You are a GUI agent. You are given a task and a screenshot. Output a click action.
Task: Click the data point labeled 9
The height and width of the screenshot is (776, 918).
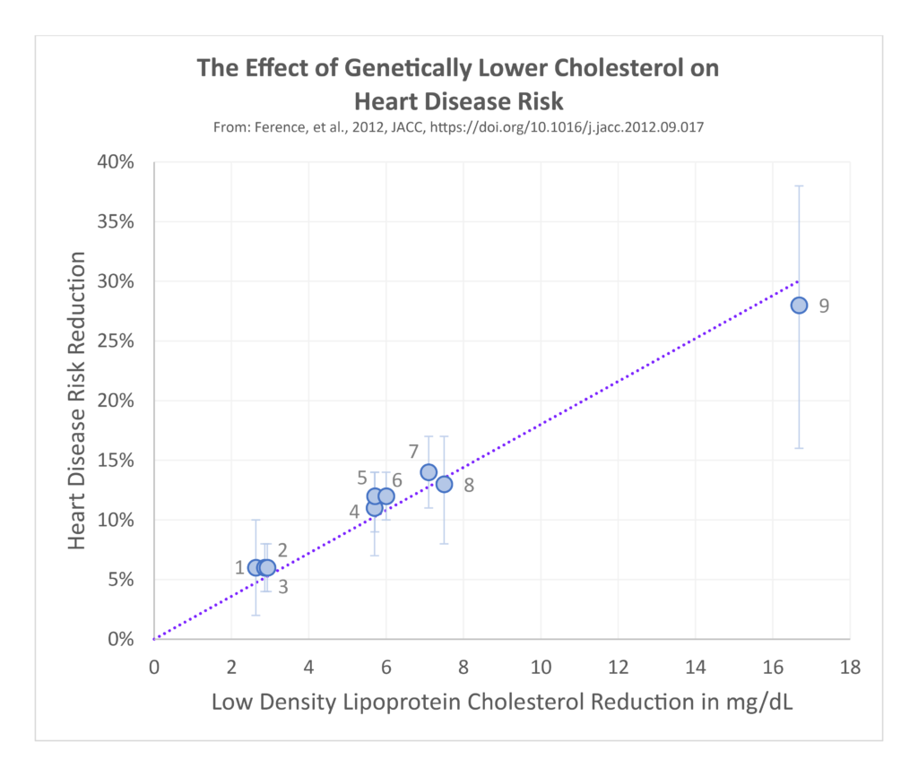pos(799,306)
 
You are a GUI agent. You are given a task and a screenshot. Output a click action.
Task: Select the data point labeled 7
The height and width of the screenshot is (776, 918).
pos(429,472)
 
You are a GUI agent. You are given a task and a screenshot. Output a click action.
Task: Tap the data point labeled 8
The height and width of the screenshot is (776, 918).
pos(444,484)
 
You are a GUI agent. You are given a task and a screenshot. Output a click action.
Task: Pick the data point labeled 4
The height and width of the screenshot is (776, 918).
pos(375,508)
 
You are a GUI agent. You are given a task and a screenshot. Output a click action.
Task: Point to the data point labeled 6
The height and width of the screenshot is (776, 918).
pos(386,496)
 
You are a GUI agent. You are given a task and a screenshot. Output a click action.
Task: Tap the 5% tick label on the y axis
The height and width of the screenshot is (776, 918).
pos(122,580)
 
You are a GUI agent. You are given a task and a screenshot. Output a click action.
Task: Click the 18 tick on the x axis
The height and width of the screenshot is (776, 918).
pos(850,668)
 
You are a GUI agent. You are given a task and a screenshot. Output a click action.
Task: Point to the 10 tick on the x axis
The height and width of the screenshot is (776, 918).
pos(541,668)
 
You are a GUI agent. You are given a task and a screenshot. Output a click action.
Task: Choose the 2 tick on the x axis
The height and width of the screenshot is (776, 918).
pos(231,668)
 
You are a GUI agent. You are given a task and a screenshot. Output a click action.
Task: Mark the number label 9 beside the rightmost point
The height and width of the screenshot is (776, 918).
pos(824,306)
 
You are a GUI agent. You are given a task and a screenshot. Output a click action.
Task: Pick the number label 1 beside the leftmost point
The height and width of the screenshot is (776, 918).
pos(239,567)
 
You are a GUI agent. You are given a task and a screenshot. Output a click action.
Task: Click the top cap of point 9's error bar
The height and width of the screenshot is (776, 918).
pos(799,186)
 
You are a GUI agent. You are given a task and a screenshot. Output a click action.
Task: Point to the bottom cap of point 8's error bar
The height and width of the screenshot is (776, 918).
pos(444,544)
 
